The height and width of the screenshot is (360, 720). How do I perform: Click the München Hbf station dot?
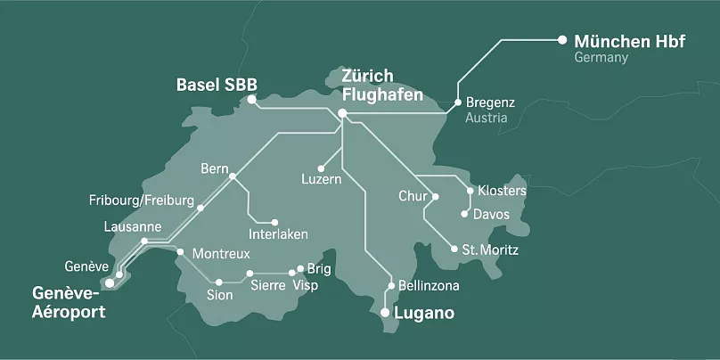click(561, 39)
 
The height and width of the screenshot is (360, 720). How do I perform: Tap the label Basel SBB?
click(217, 85)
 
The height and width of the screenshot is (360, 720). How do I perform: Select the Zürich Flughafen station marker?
click(342, 112)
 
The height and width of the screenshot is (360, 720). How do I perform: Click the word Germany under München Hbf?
click(601, 58)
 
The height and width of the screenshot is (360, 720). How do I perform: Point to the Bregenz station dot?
click(457, 102)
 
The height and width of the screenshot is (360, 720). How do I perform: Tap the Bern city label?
click(215, 168)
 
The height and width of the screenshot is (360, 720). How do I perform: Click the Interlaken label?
click(279, 234)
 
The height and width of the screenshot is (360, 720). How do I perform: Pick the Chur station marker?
click(437, 195)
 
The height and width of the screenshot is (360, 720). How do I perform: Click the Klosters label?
click(502, 191)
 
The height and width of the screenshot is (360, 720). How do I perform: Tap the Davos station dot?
click(464, 214)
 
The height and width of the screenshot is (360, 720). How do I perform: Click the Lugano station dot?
click(384, 313)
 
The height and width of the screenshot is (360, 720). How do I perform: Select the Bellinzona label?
click(429, 286)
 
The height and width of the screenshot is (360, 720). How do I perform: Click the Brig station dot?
click(300, 268)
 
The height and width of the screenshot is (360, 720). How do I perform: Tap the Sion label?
click(219, 295)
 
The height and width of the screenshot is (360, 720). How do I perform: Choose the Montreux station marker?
click(181, 252)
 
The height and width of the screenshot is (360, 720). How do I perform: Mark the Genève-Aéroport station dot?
click(110, 283)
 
